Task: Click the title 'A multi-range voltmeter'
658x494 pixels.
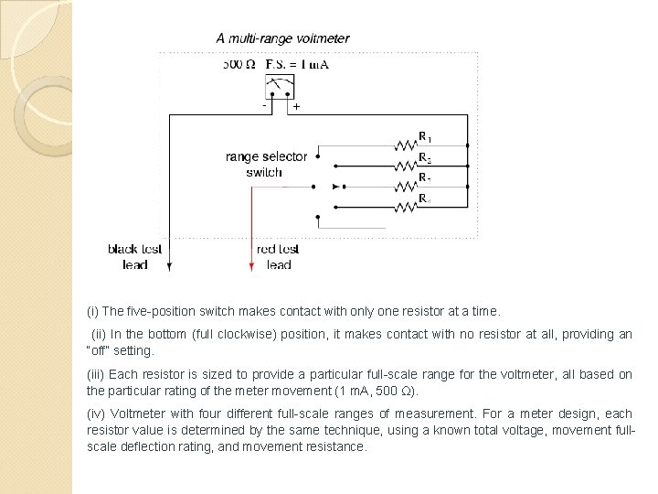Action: click(x=281, y=38)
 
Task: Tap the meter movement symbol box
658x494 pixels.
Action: click(x=279, y=88)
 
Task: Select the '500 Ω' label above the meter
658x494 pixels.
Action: click(x=239, y=65)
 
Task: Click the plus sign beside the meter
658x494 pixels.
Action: click(x=296, y=107)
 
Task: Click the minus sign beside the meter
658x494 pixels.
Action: click(x=264, y=105)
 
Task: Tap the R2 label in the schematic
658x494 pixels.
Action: click(x=424, y=157)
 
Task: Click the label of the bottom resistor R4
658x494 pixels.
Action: click(x=424, y=198)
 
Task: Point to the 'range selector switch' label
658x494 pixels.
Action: click(x=266, y=165)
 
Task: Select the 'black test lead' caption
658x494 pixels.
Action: click(x=135, y=257)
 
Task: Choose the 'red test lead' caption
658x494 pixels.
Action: click(x=278, y=257)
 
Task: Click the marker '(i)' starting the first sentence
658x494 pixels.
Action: click(x=94, y=311)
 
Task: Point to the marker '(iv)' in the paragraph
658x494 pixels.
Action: click(x=97, y=415)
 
